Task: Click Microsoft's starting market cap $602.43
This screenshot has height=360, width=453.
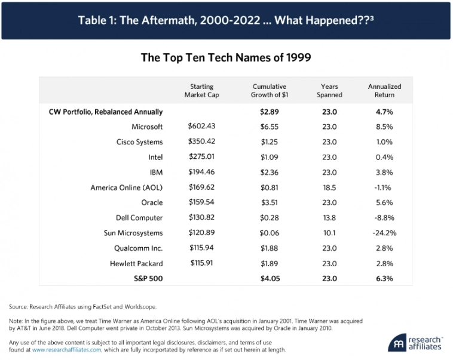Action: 201,127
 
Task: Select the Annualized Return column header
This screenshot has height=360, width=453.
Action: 384,90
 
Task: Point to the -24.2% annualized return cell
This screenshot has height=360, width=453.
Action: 384,233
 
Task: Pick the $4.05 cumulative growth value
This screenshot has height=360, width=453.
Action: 270,279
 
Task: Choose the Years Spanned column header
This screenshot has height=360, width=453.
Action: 329,90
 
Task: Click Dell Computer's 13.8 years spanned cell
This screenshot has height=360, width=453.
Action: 329,218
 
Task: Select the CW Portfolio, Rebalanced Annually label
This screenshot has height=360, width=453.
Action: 106,112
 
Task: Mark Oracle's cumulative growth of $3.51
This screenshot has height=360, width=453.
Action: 270,202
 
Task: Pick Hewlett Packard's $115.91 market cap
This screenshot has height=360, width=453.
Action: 201,263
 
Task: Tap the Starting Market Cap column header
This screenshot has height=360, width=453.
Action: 201,90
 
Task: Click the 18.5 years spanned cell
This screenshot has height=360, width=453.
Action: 329,187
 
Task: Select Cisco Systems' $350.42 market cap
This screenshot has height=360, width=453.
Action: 201,142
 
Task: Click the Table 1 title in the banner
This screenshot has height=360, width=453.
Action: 226,20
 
